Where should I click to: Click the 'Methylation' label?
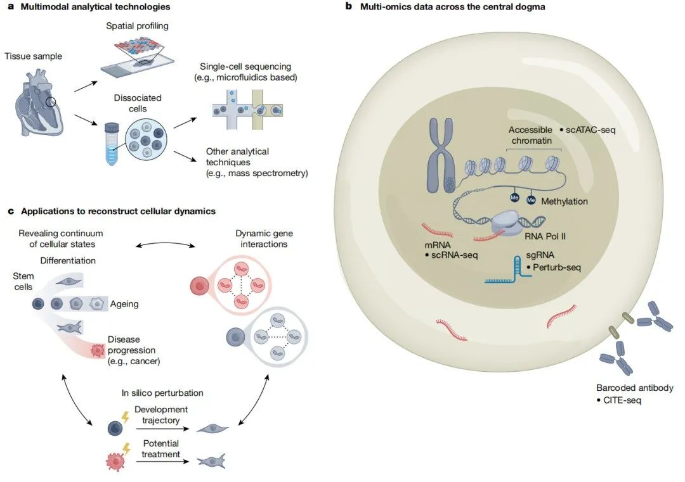pyautogui.click(x=564, y=201)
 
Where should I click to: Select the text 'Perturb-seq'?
pyautogui.click(x=556, y=268)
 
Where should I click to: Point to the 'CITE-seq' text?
pyautogui.click(x=618, y=400)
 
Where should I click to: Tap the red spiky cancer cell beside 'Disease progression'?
pyautogui.click(x=97, y=350)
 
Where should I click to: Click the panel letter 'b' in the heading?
pyautogui.click(x=348, y=7)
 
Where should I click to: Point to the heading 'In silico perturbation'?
pyautogui.click(x=162, y=393)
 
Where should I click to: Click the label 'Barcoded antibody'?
pyautogui.click(x=634, y=388)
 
